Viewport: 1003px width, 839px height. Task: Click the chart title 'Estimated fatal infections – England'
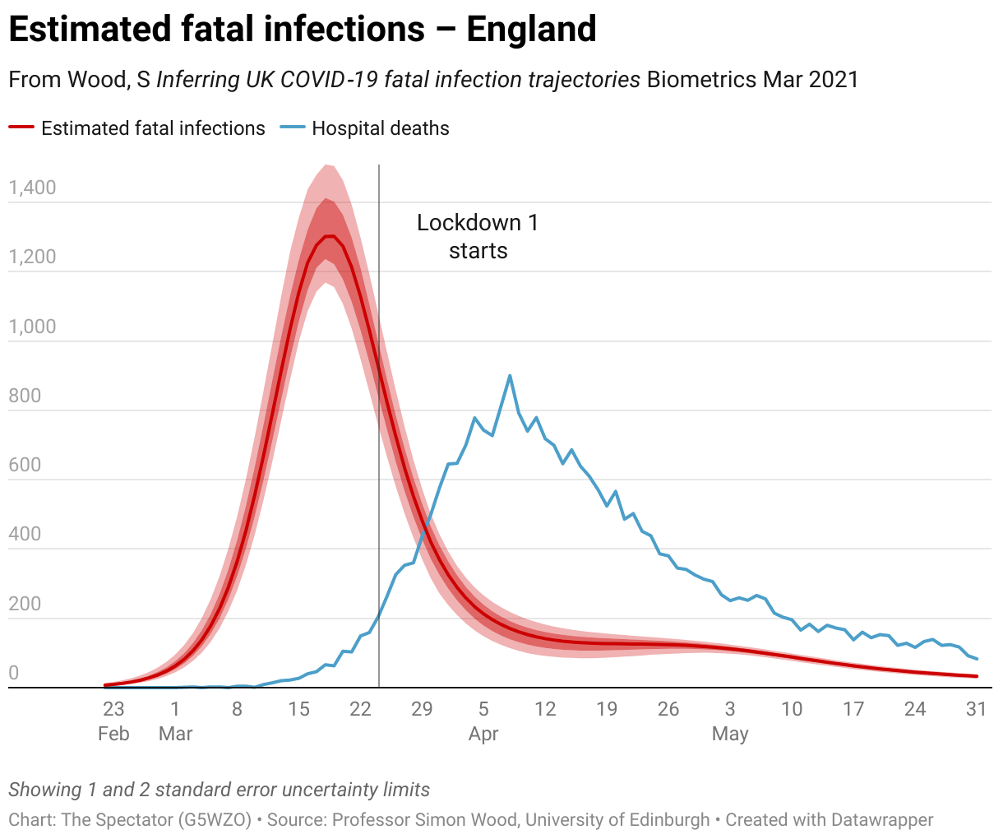(302, 30)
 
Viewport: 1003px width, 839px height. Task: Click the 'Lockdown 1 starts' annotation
(478, 236)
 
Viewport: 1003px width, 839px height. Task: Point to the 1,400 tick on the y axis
(33, 188)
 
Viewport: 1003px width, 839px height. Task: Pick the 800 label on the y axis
(25, 396)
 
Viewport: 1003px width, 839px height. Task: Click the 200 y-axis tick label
(25, 604)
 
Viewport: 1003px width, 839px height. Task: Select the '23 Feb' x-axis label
(113, 720)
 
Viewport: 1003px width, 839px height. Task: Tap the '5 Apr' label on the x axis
(483, 720)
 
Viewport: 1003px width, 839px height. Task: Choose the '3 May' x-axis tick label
(730, 720)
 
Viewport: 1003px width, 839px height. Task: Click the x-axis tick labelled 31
(976, 708)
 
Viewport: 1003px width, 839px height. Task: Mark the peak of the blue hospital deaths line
(510, 376)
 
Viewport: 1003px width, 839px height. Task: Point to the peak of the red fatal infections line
(329, 237)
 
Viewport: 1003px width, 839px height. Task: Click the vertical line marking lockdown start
(379, 494)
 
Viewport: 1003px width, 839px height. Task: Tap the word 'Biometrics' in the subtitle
(701, 80)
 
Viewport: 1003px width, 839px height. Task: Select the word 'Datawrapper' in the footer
(882, 820)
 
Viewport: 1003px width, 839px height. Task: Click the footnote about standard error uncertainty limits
(220, 790)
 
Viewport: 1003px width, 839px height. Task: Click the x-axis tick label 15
(298, 708)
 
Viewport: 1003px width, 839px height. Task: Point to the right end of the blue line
(977, 659)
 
